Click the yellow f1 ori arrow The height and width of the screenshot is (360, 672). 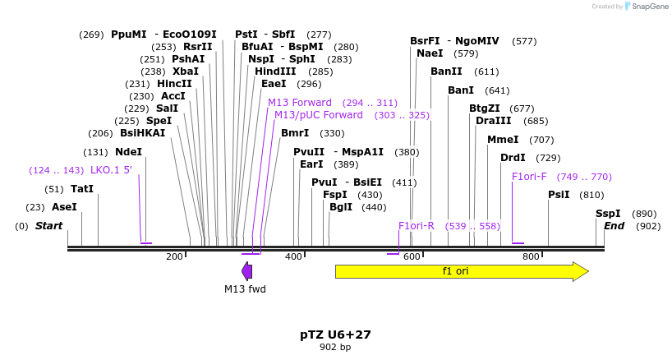[460, 271]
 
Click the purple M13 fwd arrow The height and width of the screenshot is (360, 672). [246, 271]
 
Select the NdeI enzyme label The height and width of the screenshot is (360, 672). [128, 152]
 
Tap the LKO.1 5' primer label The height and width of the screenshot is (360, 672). [111, 170]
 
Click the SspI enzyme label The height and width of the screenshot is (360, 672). [608, 213]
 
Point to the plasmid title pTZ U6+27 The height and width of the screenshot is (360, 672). [335, 335]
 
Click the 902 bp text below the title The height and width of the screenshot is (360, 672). [335, 347]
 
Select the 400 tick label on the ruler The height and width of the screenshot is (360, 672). [293, 257]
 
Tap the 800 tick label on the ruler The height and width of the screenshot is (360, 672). [531, 257]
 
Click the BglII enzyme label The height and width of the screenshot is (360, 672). [341, 207]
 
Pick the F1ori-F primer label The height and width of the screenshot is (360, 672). [529, 177]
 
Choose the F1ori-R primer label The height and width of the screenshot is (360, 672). [416, 225]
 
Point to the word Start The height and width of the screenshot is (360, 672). [48, 226]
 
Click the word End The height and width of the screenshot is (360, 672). [614, 226]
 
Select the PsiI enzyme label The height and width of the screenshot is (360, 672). [559, 195]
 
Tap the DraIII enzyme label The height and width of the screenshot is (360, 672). [493, 121]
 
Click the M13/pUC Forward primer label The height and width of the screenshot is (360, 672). [319, 115]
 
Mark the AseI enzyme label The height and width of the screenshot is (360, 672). [64, 207]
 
